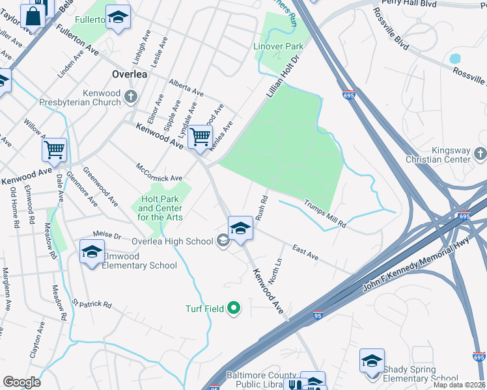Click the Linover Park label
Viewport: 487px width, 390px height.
coord(278,47)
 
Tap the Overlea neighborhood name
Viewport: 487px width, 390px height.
coord(129,74)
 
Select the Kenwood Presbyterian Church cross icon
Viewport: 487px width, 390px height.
coord(131,97)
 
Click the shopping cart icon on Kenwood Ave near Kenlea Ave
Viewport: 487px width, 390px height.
coord(199,136)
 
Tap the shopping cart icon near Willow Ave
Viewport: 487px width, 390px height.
coord(54,149)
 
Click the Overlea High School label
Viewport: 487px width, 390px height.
coord(172,241)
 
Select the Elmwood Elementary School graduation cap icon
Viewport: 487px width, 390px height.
coord(92,251)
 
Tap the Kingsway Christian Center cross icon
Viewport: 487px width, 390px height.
coord(480,154)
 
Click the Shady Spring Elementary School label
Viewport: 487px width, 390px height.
coord(420,374)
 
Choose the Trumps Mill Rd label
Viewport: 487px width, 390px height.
coord(325,213)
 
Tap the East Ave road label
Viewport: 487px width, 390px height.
coord(305,253)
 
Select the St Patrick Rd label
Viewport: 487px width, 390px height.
coord(92,304)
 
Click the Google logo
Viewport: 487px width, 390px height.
coord(22,382)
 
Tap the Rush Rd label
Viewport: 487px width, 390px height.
coord(262,208)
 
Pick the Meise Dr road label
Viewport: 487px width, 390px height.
coord(107,233)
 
